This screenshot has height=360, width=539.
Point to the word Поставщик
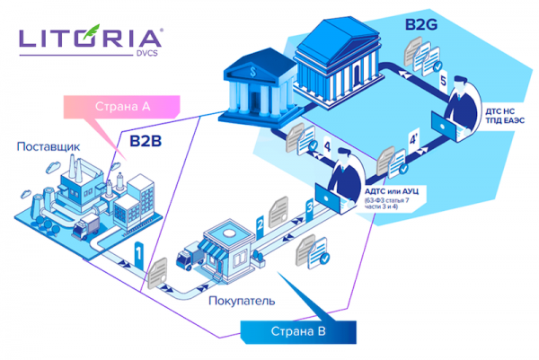click(48, 146)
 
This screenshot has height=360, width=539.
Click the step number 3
click(310, 207)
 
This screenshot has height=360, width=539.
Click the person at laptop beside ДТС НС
click(462, 109)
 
